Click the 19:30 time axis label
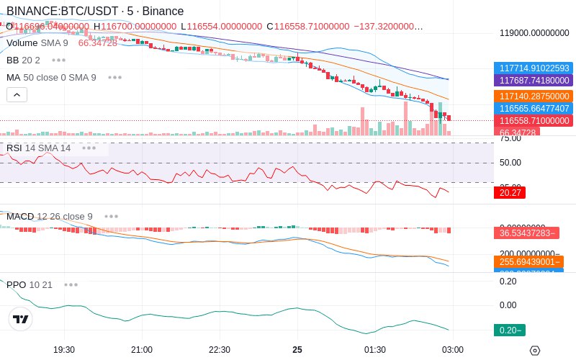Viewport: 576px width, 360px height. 64,349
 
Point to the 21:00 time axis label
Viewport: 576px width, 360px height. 142,349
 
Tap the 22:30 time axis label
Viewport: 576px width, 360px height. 220,349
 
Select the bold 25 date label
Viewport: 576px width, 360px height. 297,349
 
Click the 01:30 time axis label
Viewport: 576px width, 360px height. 375,349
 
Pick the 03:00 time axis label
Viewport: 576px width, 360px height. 452,349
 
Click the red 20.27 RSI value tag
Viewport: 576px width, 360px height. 510,192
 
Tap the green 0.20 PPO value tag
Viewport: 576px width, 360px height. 509,330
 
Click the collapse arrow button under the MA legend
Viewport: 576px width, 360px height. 17,94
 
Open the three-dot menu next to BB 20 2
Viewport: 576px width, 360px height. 58,60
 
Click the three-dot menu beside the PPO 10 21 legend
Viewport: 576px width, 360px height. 71,284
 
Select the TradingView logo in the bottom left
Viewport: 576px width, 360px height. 21,319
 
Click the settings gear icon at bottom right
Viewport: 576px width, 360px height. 534,350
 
